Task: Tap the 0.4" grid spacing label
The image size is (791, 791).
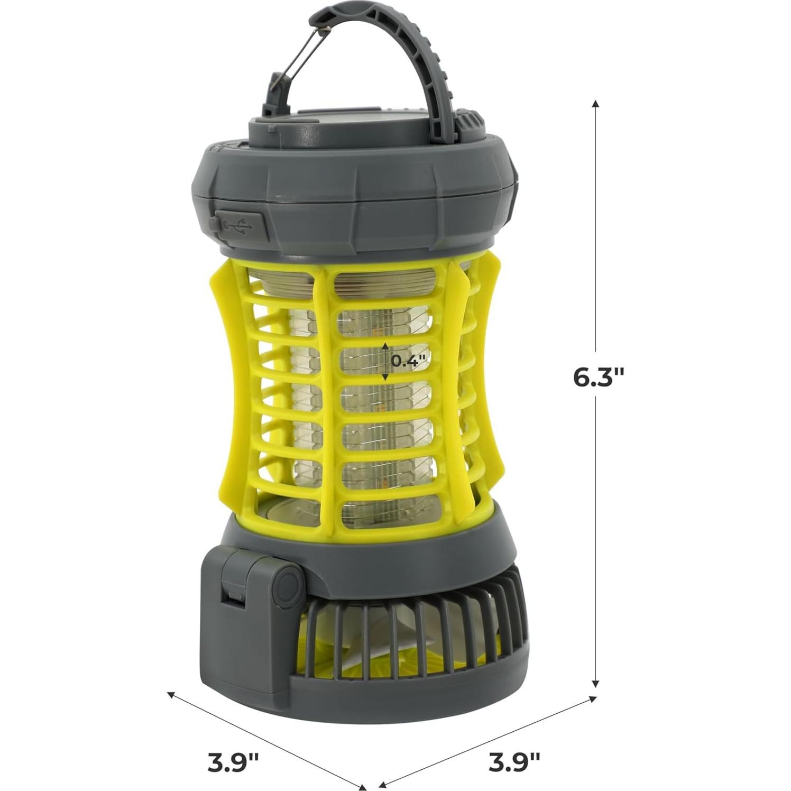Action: coord(408,361)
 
